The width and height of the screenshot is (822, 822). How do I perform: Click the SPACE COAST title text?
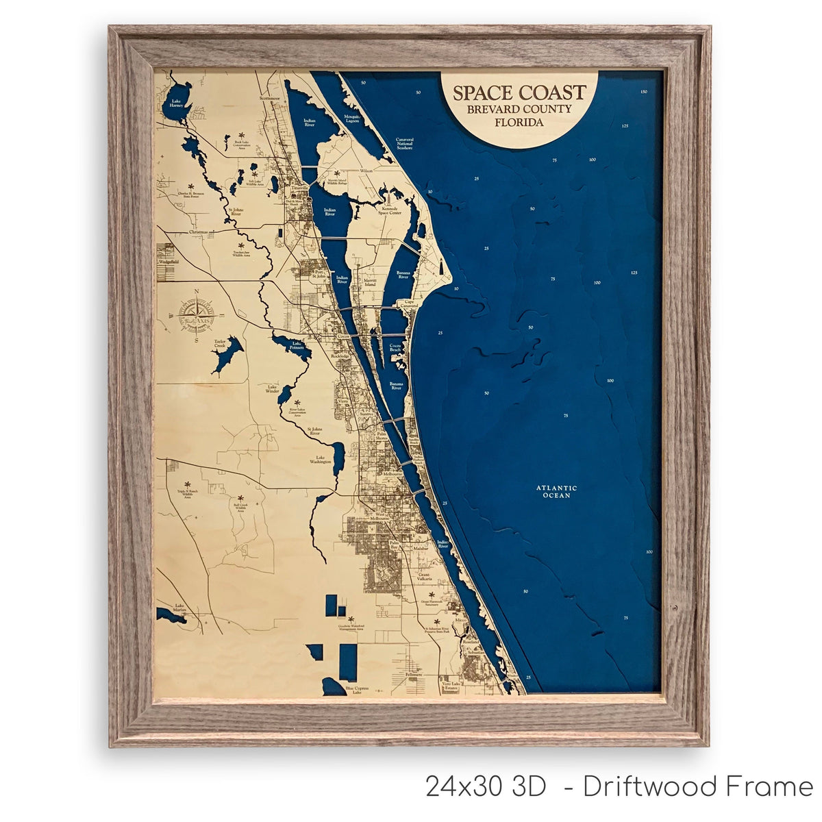[x=519, y=92]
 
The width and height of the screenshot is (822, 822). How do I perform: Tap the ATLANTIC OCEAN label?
[x=556, y=491]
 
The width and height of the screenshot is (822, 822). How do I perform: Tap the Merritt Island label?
[x=366, y=282]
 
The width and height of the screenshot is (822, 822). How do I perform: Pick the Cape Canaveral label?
[x=410, y=303]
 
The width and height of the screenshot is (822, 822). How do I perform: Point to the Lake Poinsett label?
[x=297, y=345]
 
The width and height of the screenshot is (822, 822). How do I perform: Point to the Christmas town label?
[x=198, y=232]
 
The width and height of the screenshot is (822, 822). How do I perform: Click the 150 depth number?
[x=643, y=92]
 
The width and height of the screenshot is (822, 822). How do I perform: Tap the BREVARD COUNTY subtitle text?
[x=519, y=110]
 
